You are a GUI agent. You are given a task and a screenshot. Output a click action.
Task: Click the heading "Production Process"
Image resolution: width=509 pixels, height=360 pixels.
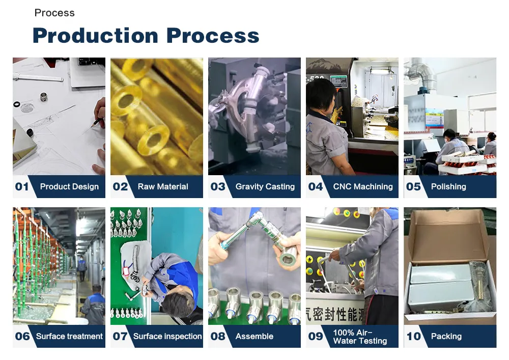[146, 36]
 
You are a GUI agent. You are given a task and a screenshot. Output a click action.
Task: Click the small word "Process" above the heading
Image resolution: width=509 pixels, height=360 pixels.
[54, 13]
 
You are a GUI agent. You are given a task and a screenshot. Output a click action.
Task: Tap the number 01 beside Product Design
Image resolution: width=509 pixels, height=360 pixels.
[22, 187]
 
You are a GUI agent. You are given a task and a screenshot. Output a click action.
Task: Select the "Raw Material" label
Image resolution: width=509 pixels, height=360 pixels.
[163, 187]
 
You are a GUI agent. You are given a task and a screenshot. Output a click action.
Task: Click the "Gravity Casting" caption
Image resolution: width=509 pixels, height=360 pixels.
[265, 187]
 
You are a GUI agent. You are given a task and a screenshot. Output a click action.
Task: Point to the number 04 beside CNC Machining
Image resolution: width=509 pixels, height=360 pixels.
[316, 187]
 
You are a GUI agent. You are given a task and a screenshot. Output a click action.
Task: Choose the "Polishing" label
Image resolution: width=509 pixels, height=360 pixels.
[448, 187]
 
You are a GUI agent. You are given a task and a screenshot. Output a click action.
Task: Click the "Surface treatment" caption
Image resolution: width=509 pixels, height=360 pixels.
[70, 337]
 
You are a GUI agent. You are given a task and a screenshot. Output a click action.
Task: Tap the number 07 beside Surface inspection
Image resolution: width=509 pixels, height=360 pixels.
[120, 337]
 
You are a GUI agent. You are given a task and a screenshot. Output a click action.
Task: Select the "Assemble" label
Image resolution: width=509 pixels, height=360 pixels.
[254, 337]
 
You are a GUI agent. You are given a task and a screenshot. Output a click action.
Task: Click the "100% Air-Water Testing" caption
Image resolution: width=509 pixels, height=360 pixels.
[360, 337]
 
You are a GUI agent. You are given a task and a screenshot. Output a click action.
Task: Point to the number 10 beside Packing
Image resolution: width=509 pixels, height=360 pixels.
[414, 337]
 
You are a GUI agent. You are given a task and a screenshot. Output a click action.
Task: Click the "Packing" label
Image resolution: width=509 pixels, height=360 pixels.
[446, 337]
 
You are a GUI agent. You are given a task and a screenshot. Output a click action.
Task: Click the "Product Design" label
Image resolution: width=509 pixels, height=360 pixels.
[69, 187]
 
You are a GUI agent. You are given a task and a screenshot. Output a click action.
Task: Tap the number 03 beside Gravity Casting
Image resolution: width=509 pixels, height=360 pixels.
[218, 187]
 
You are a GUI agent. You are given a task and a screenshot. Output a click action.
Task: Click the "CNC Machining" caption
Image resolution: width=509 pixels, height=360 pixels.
[363, 187]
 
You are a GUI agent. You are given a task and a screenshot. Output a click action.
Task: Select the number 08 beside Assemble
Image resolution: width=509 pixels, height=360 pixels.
[218, 337]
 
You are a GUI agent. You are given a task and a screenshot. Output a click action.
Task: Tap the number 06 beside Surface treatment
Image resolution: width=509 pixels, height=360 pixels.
[22, 337]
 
